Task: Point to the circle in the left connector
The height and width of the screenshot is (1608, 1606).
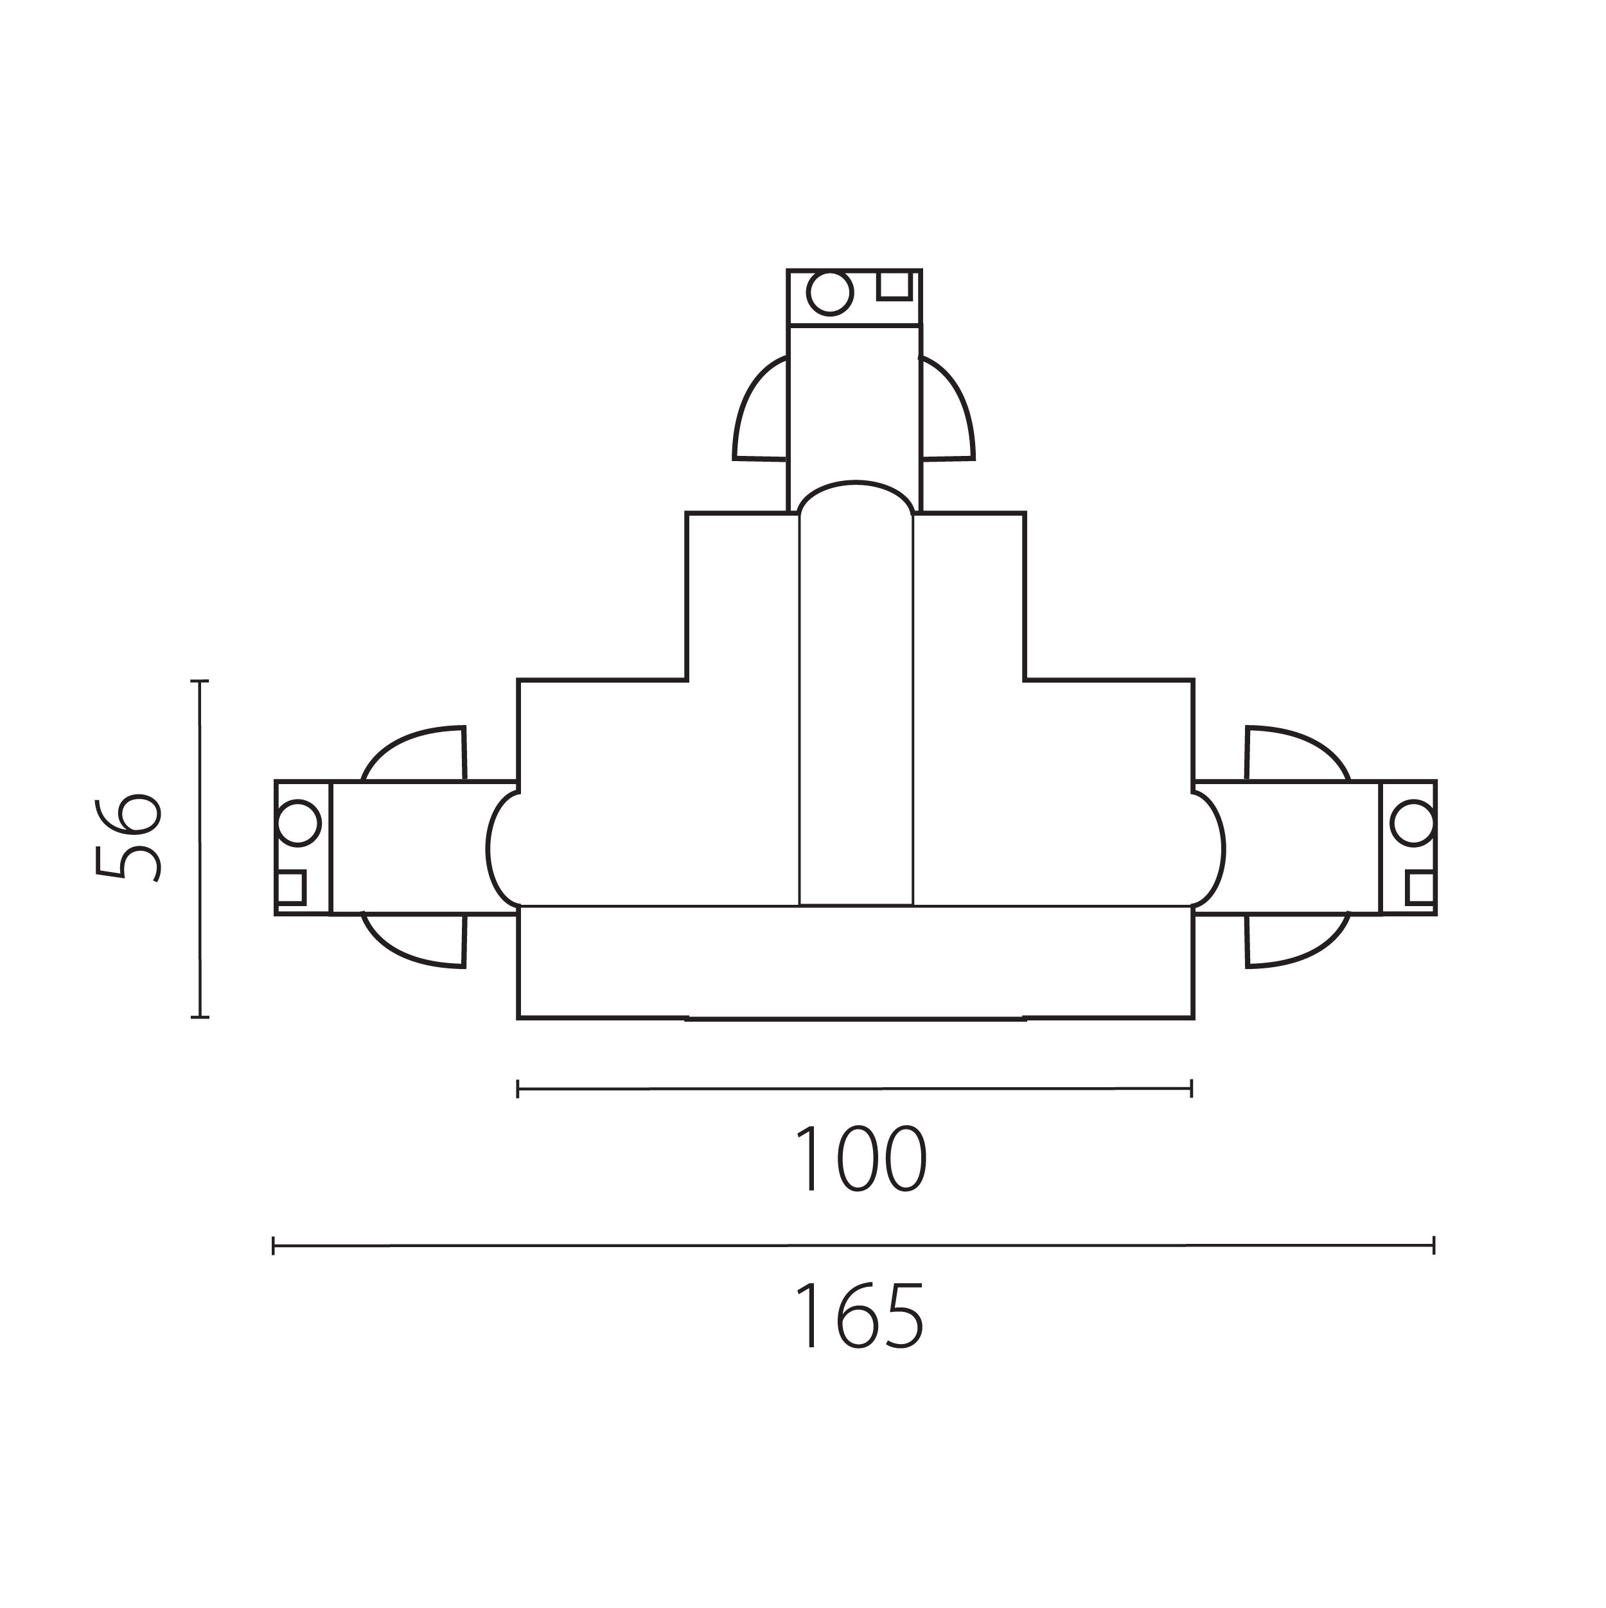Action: pyautogui.click(x=297, y=823)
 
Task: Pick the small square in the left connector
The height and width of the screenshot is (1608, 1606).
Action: pyautogui.click(x=292, y=888)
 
